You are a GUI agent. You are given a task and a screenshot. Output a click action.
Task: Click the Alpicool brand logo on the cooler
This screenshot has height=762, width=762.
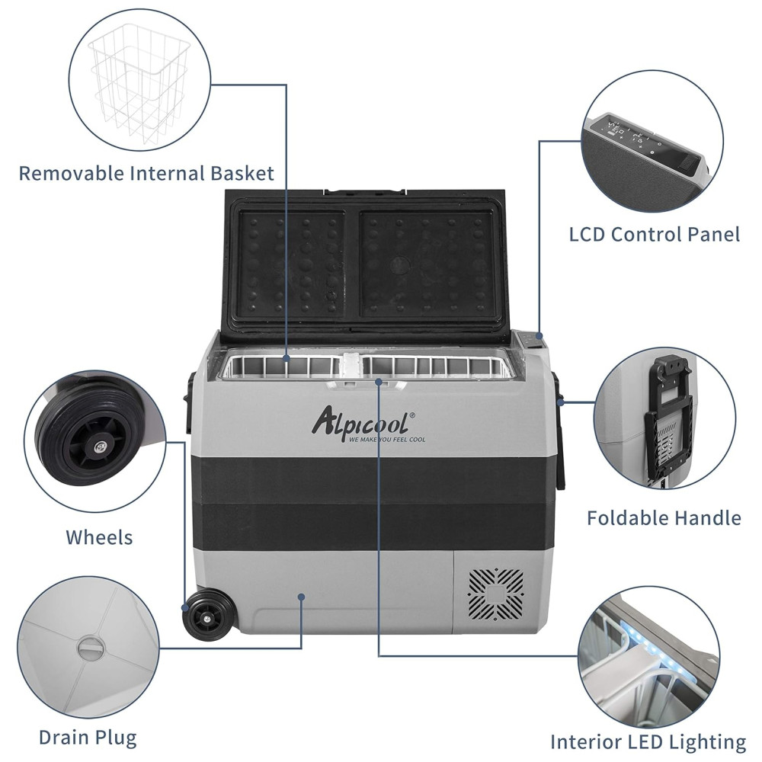[x=362, y=421]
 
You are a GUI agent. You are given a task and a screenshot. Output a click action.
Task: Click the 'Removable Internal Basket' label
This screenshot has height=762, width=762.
[x=146, y=173]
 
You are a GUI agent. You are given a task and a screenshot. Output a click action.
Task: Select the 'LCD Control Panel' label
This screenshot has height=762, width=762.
[x=655, y=234]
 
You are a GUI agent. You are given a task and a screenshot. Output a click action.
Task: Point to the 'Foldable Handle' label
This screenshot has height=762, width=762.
[x=664, y=518]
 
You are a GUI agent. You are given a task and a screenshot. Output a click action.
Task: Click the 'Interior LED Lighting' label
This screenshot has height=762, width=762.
[x=648, y=741]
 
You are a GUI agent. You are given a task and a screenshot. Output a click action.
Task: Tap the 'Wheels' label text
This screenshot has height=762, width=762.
[x=99, y=537]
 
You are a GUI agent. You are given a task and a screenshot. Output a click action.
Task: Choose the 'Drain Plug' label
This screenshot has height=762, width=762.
[x=88, y=738]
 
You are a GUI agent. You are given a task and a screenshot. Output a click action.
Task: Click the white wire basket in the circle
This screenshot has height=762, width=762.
[x=141, y=88]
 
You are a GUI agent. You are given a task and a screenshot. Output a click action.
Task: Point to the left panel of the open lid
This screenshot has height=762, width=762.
[x=292, y=263]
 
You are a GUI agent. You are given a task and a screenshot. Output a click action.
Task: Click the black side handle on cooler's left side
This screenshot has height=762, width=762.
[x=188, y=404]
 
